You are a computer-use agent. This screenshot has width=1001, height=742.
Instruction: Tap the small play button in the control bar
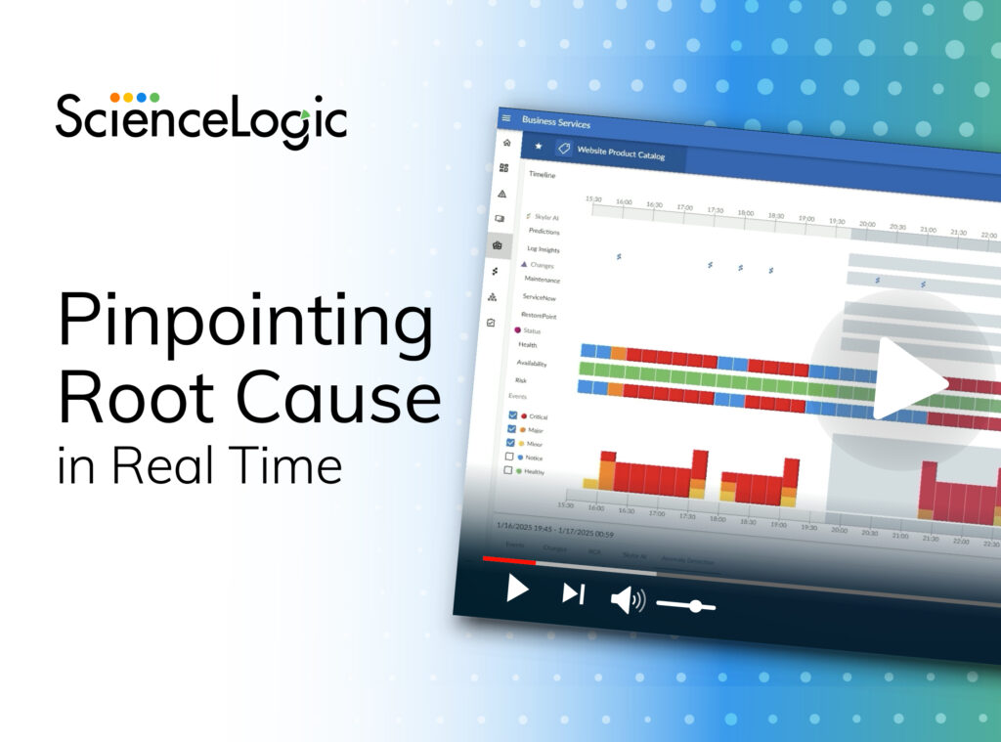click(x=518, y=589)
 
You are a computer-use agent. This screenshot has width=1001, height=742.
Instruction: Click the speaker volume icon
click(x=627, y=599)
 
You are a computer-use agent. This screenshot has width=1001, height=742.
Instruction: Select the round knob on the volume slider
click(x=695, y=606)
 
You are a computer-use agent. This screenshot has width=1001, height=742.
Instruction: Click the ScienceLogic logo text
click(x=201, y=120)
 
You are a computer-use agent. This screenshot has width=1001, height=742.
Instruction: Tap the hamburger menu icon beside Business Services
click(x=506, y=118)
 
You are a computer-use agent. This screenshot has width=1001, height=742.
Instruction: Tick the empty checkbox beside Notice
click(x=509, y=456)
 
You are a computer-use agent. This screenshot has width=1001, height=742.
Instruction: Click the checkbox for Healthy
click(x=507, y=470)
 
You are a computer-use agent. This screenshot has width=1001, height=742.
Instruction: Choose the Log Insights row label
click(x=544, y=249)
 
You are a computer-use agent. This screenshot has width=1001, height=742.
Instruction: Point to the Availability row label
click(x=532, y=363)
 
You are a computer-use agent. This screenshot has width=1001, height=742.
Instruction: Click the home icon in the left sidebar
click(x=505, y=143)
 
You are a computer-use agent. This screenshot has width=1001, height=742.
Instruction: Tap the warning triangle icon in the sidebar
click(x=501, y=194)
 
